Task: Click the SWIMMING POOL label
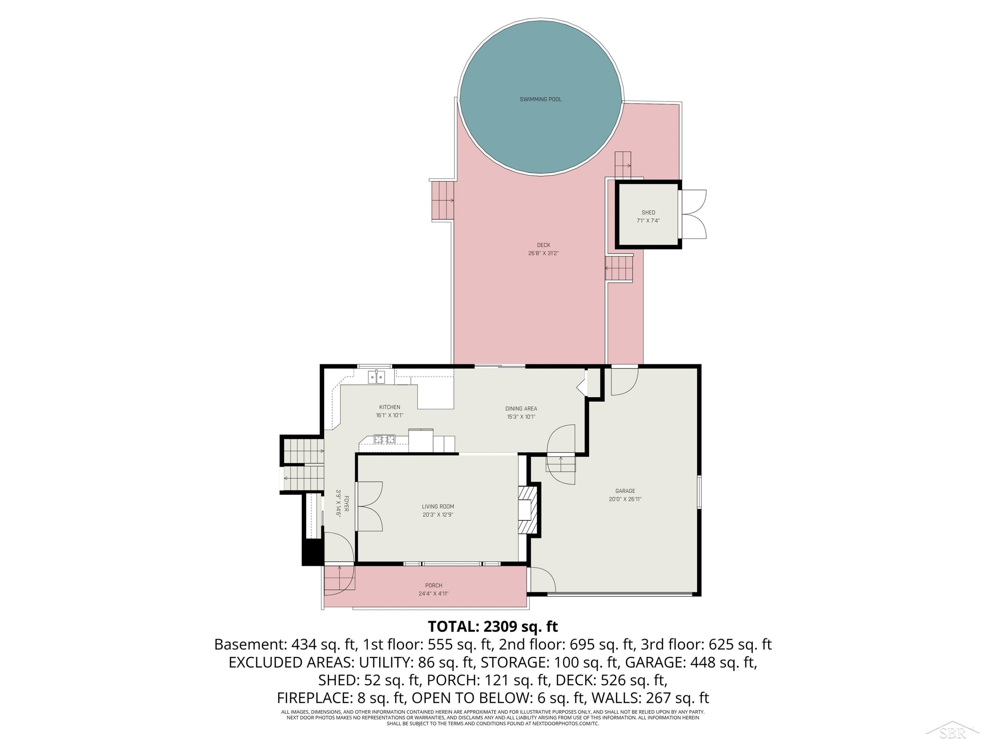point(540,99)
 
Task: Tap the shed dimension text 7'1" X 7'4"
point(648,221)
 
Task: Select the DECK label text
point(543,245)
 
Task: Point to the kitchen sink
point(376,377)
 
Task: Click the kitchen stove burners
point(384,439)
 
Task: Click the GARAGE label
point(625,491)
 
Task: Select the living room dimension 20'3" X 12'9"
point(438,515)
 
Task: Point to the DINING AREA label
point(521,408)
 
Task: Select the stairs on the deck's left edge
point(443,200)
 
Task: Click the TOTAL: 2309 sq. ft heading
point(493,626)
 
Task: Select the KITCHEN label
point(389,407)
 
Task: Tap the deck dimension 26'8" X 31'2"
point(543,253)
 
